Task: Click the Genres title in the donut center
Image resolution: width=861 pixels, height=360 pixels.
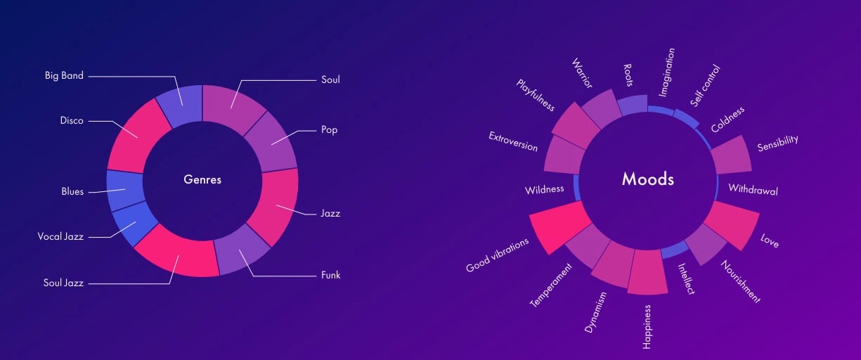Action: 202,180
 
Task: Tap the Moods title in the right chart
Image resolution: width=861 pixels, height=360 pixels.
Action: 647,179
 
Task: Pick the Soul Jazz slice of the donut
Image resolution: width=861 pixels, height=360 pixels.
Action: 177,253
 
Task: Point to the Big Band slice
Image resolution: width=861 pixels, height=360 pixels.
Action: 180,104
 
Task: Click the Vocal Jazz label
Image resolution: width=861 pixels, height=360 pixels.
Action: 60,237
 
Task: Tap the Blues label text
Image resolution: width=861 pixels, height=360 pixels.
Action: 72,191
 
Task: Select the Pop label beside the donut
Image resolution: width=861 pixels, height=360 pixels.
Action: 330,130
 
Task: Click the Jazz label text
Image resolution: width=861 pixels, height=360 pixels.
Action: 330,213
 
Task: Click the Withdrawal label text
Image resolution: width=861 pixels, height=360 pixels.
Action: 753,190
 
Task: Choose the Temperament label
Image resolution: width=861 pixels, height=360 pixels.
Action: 552,285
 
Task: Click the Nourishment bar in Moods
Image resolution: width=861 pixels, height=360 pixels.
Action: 704,243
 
